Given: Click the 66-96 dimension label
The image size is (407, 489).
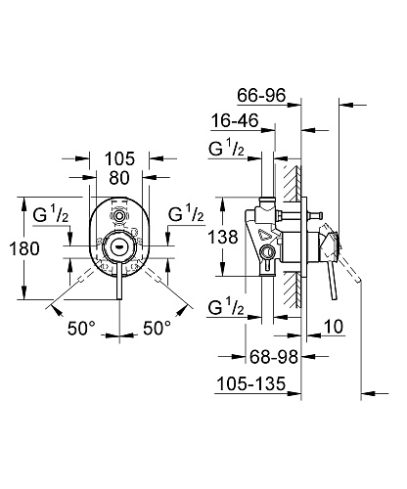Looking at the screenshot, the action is tap(261, 95).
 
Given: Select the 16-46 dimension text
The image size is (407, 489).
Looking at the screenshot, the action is tap(235, 120).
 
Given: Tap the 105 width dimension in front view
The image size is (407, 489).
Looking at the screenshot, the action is tap(119, 158).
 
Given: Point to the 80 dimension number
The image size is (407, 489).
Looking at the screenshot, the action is tap(119, 178).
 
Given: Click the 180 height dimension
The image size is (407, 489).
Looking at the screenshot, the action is tap(24, 248).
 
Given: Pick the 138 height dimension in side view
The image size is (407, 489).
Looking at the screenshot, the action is tap(223, 237).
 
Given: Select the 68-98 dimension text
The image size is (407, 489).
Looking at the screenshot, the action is tap(274, 357).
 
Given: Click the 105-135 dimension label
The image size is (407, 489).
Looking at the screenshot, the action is tap(251, 383).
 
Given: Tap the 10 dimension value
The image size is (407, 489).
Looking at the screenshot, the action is tap(334, 327).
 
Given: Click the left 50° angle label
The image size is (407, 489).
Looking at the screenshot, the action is tap(81, 328).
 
